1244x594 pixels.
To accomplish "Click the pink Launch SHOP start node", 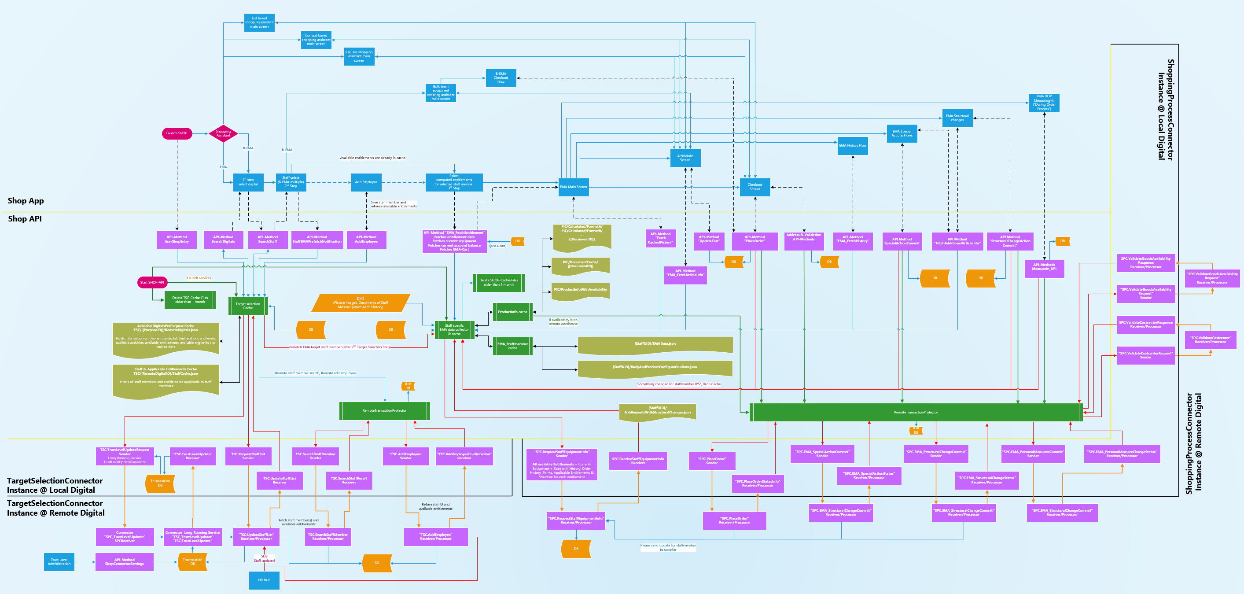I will coord(177,133).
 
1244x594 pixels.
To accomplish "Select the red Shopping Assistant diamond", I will coord(223,133).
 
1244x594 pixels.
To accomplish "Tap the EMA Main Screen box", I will coord(573,187).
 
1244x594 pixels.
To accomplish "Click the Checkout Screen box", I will coord(755,187).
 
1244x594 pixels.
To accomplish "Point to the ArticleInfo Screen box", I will coord(685,158).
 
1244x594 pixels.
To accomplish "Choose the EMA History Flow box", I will coord(852,145).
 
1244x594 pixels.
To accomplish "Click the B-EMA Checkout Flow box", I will coord(501,78).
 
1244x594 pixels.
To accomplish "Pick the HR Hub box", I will coord(264,580).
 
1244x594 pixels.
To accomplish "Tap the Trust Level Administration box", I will coord(59,562).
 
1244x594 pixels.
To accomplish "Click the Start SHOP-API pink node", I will coord(152,282).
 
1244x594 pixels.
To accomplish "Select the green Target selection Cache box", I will coord(248,306).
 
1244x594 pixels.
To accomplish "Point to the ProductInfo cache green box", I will coord(512,312).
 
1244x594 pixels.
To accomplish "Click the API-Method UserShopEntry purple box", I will coord(177,239).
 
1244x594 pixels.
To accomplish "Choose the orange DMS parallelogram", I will coord(360,303).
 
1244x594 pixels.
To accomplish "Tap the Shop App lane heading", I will coord(26,201).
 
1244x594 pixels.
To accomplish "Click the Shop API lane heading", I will coord(25,219).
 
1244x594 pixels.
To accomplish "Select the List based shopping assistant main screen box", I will coord(259,22).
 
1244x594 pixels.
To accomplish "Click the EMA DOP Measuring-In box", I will coord(1044,103).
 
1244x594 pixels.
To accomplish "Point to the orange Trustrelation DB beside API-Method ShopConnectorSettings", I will coord(192,562).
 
